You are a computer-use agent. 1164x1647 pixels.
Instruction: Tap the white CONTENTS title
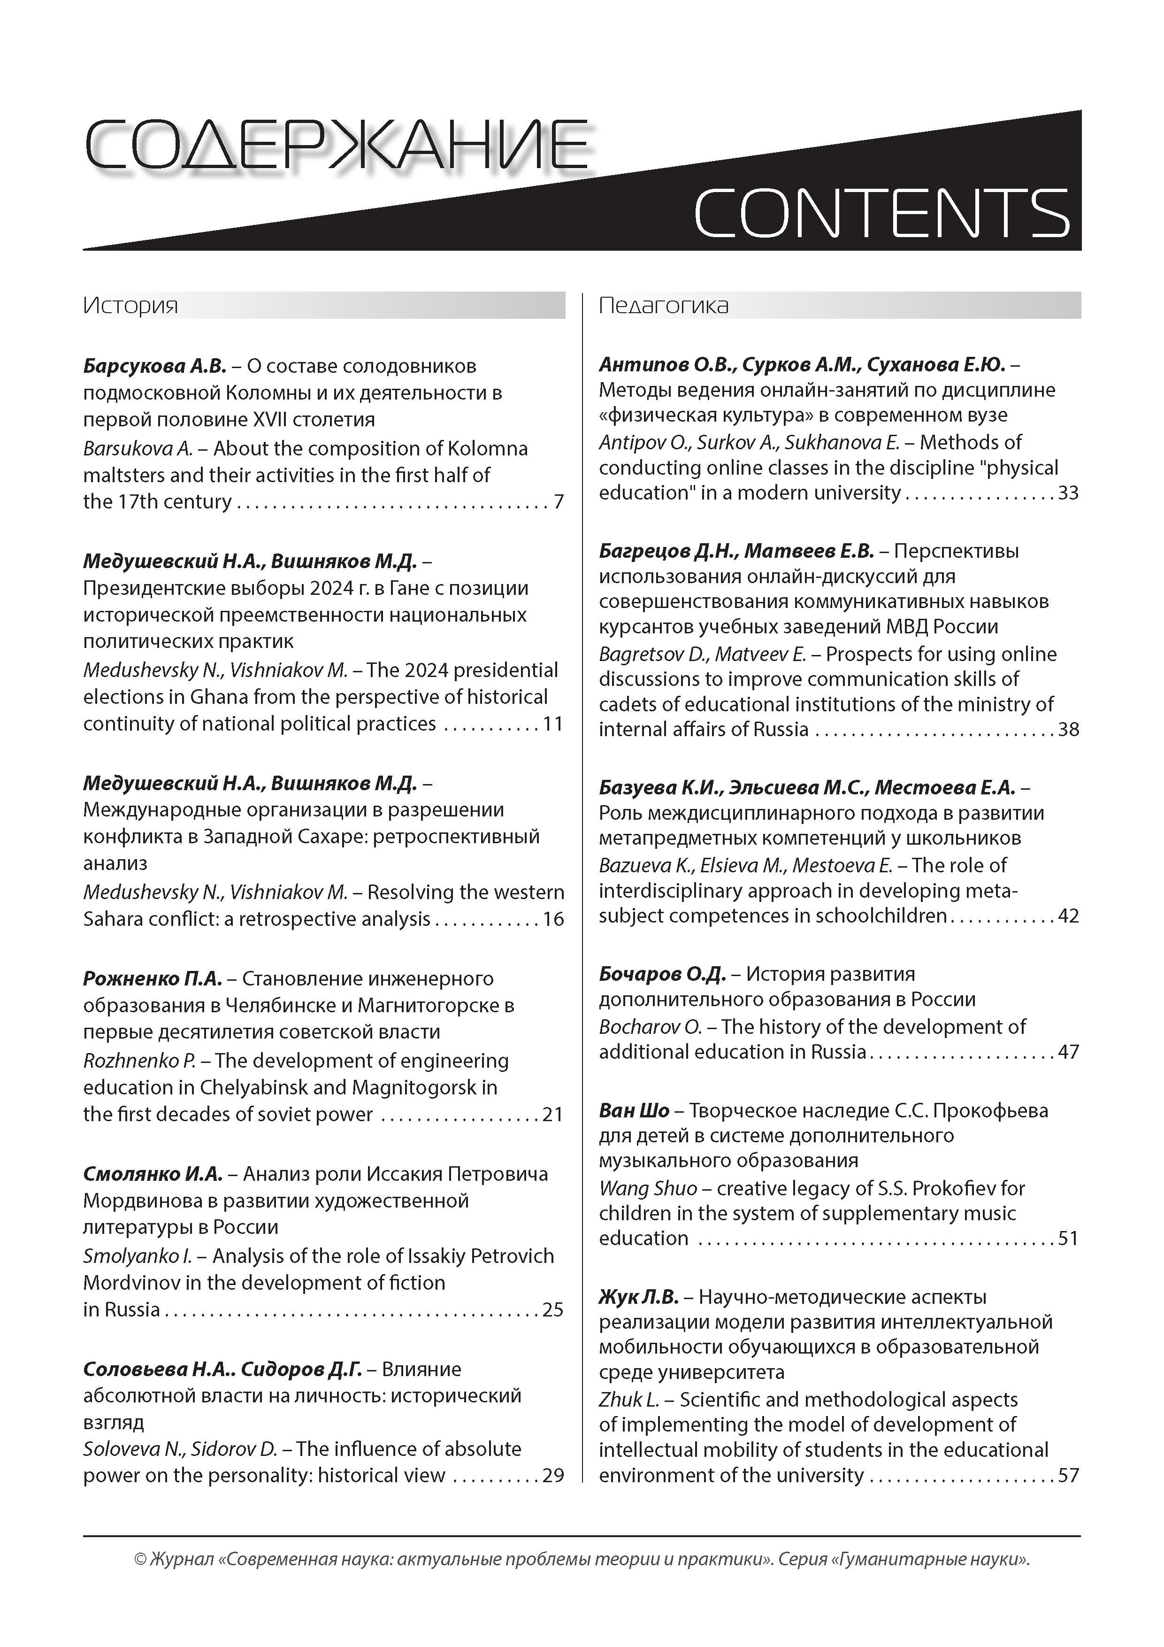point(881,213)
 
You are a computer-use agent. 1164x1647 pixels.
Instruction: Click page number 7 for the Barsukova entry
point(559,501)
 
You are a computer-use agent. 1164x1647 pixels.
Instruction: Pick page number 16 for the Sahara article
point(553,919)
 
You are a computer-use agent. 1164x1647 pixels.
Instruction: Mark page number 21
point(553,1114)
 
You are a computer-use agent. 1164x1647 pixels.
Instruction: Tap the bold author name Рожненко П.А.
point(153,978)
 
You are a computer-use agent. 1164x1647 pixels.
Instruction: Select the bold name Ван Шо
point(634,1110)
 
